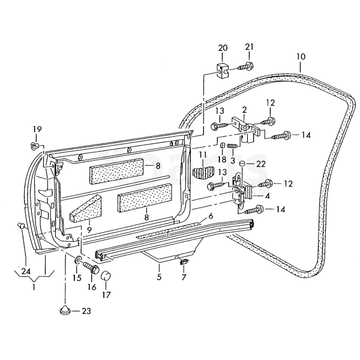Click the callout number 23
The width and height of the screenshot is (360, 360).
[86, 311]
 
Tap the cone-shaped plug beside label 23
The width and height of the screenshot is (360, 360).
[65, 310]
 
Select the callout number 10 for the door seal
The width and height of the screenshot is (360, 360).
[301, 57]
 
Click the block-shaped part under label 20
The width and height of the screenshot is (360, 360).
[222, 70]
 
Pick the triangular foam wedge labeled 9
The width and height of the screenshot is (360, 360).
[86, 208]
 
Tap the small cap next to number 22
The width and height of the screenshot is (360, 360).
[242, 164]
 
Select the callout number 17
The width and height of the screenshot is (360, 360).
[107, 295]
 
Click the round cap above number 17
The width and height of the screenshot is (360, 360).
[106, 275]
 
